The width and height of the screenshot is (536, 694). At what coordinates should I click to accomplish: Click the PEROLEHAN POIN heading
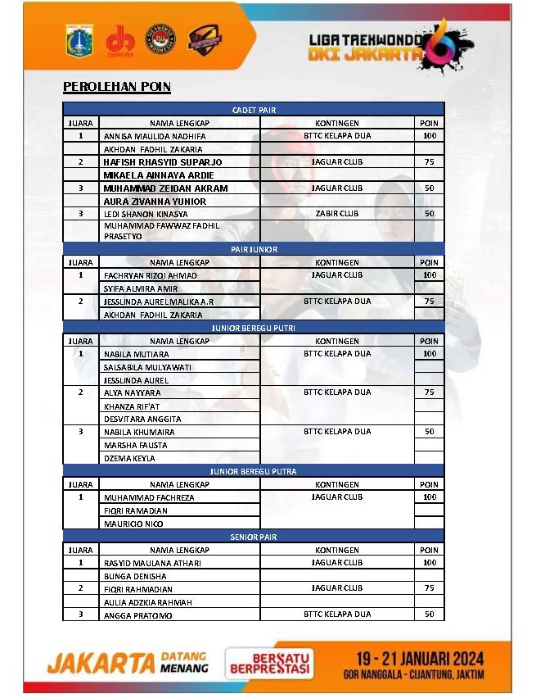[x=117, y=86]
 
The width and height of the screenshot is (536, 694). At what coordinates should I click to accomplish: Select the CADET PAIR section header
[x=254, y=109]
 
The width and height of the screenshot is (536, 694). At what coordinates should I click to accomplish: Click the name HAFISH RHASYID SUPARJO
[x=163, y=162]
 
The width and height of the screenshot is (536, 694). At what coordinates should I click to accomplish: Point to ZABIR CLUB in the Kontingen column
[x=337, y=214]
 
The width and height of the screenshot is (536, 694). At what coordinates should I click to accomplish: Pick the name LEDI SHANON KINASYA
[x=146, y=215]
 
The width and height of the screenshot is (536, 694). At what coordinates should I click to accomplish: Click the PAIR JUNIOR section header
[x=254, y=249]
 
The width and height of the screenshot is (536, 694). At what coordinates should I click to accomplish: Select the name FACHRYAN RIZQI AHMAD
[x=151, y=275]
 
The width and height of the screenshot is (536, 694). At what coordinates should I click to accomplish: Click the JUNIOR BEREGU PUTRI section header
[x=254, y=328]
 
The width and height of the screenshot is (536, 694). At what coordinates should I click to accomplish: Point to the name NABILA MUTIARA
[x=137, y=354]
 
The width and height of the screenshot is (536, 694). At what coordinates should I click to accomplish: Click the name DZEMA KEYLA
[x=129, y=458]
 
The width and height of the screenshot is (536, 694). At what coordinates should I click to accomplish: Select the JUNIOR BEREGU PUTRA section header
[x=254, y=471]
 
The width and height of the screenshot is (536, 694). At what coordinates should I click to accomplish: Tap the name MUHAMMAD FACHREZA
[x=149, y=497]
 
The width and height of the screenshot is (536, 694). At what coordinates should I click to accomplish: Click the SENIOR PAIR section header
[x=254, y=537]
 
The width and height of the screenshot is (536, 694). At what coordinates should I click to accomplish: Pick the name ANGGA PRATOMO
[x=137, y=615]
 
